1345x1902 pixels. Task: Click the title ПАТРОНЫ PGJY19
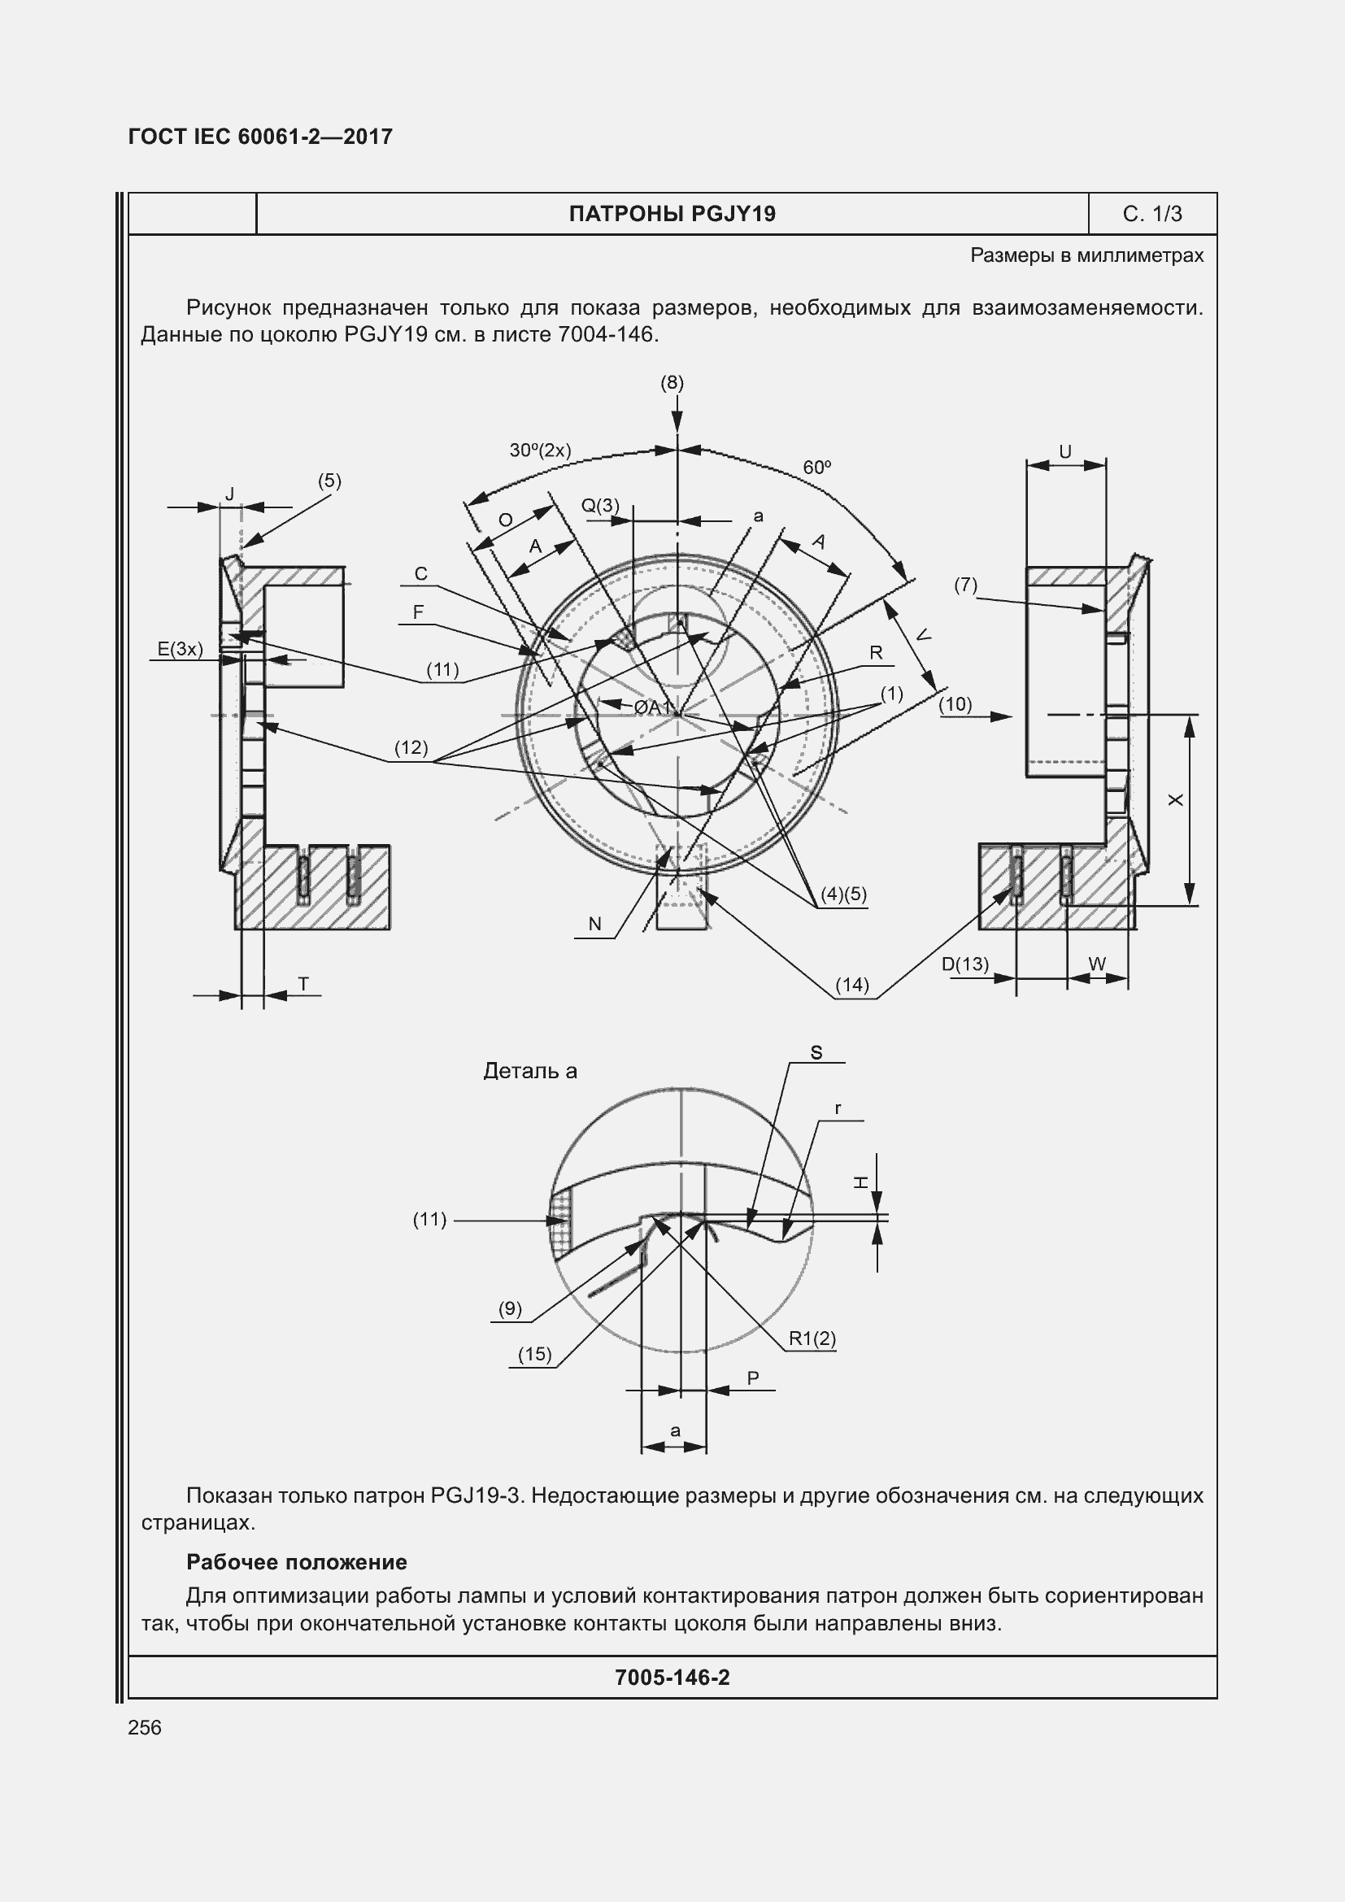click(x=672, y=214)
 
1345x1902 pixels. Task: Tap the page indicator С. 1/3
click(x=1152, y=214)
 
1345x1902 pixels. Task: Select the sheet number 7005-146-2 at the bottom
click(x=672, y=1678)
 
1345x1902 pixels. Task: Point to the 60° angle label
click(x=816, y=468)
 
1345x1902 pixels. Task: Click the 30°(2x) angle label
click(x=540, y=450)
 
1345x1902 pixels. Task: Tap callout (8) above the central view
click(x=672, y=382)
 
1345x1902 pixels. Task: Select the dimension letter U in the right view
click(x=1065, y=451)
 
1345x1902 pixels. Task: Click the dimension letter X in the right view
click(x=1176, y=799)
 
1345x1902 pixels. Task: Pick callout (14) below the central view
click(x=852, y=984)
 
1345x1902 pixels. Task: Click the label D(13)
click(x=965, y=964)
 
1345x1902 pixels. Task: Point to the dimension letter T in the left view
click(x=304, y=983)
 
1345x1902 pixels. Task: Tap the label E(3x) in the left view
click(x=181, y=649)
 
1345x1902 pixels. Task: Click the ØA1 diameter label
click(x=653, y=707)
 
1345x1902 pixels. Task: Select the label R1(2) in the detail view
click(x=812, y=1338)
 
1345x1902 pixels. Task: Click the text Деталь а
click(x=530, y=1071)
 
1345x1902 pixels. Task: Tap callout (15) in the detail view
click(x=534, y=1354)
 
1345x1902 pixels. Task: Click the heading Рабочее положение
click(x=297, y=1562)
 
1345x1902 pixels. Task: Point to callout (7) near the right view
click(x=965, y=585)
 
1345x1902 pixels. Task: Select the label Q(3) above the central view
click(x=599, y=505)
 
